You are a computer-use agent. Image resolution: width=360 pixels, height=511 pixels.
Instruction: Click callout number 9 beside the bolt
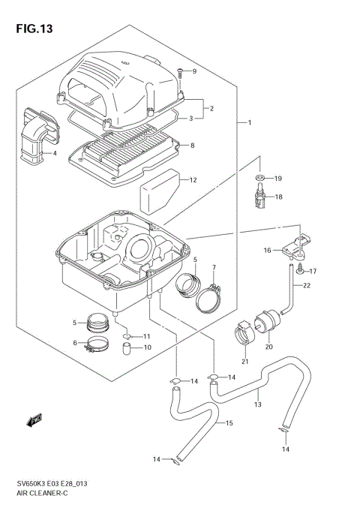193,72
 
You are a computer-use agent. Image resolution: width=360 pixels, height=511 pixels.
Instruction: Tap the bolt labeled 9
181,73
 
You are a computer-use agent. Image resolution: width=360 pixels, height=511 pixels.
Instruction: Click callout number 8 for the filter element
193,146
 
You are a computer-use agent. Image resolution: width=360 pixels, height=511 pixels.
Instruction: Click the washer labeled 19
259,179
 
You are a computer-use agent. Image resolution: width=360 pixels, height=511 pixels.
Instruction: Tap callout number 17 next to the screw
314,271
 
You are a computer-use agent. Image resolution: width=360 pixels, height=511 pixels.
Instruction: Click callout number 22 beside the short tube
307,286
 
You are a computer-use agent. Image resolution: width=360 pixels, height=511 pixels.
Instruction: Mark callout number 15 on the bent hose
229,423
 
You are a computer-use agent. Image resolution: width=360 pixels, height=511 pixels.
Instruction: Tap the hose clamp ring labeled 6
94,346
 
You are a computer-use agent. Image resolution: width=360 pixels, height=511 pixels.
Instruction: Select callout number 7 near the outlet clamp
213,268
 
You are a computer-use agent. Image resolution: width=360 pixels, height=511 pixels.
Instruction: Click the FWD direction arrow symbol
34,421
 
